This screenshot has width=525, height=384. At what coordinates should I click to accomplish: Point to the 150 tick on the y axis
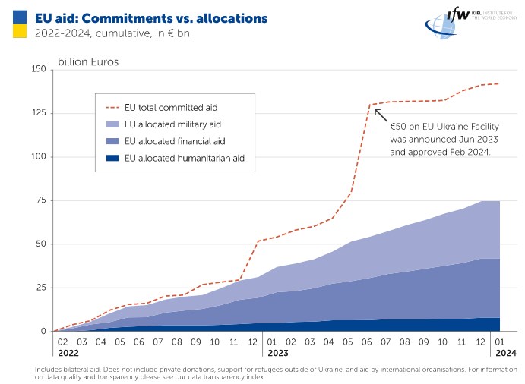pos(38,70)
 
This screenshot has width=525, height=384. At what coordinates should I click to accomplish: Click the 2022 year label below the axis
pos(68,353)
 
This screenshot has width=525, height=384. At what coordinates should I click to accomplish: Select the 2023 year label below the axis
pos(277,353)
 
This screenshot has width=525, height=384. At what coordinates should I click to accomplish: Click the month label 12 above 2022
pos(253,342)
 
